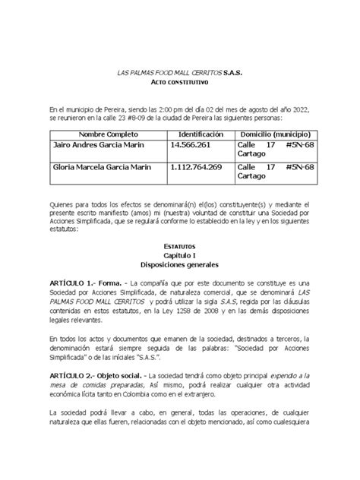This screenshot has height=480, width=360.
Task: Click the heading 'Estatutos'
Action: (179, 247)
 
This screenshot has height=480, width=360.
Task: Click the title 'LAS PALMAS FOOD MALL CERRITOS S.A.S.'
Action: (179, 69)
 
